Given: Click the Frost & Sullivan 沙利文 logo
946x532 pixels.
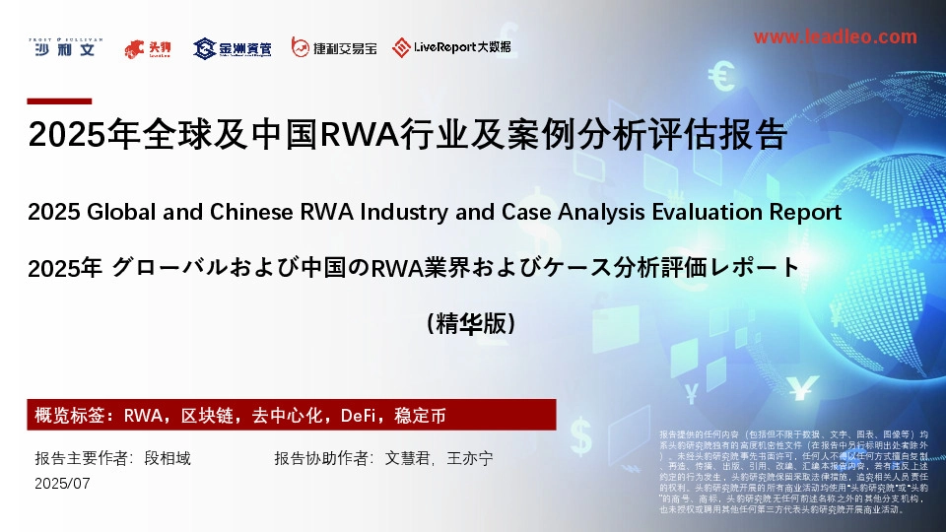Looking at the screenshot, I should (x=62, y=45).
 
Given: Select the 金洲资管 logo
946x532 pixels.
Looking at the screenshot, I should (x=233, y=47).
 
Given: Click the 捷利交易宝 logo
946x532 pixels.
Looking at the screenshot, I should (x=334, y=47).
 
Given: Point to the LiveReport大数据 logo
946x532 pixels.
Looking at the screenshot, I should (x=451, y=46).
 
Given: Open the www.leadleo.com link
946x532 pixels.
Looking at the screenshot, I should (x=834, y=36).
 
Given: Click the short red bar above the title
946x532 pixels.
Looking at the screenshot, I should (x=58, y=100).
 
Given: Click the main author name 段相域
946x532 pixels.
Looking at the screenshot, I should (x=168, y=458).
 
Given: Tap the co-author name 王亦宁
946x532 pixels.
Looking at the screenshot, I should (x=470, y=458).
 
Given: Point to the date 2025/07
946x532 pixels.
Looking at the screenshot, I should (x=62, y=483).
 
